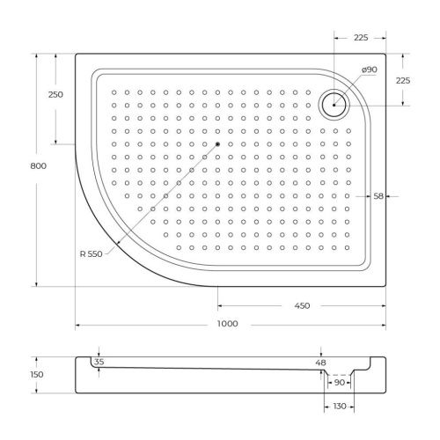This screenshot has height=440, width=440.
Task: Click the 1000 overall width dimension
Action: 227,324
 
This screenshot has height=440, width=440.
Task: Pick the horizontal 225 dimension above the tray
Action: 359,37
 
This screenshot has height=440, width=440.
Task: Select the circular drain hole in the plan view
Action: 335,104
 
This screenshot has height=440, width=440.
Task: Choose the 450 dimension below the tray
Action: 301,305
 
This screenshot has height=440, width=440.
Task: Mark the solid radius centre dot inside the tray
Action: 216,143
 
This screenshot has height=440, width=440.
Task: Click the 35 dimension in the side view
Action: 99,362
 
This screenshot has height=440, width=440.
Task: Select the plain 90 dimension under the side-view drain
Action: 338,384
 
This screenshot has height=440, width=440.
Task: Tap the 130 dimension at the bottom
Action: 338,406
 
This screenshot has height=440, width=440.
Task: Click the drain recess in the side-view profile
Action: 338,373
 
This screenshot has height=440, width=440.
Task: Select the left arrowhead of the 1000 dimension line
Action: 77,326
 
